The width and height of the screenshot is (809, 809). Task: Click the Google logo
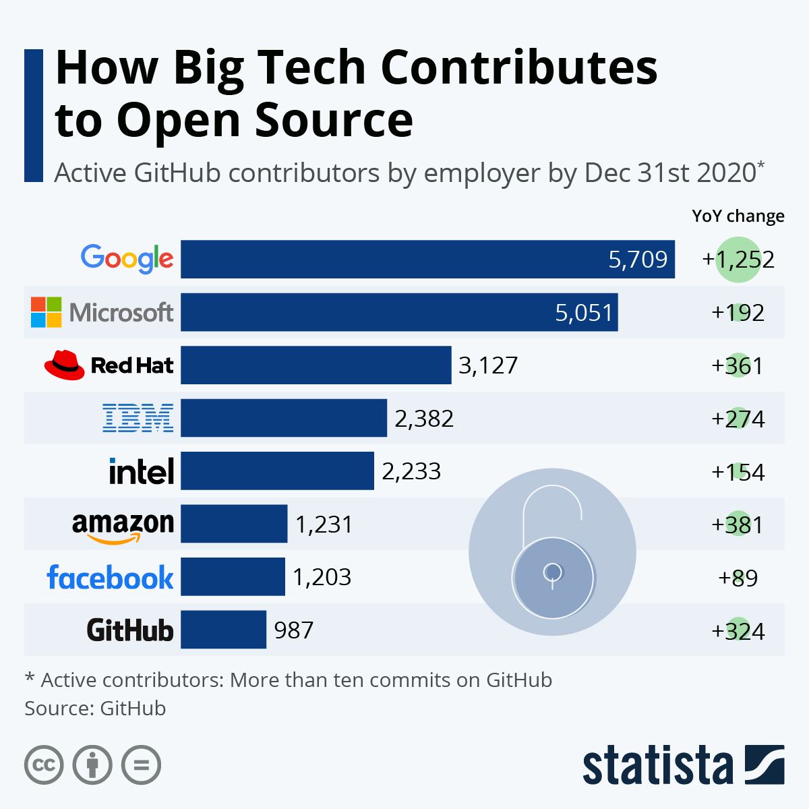pos(127,259)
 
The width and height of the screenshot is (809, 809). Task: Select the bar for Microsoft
pos(399,312)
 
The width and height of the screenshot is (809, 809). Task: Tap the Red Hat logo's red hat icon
pos(64,365)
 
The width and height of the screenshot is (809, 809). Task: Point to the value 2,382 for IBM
pos(424,419)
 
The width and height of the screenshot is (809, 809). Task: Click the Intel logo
pos(142,471)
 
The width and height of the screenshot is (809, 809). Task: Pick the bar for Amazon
pos(234,524)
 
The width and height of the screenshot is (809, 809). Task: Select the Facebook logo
pos(110,578)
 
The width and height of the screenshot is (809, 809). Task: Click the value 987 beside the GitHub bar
pos(293,630)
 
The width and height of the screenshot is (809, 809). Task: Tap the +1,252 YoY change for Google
pos(738,260)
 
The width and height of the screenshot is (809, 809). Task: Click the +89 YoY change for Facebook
pos(738,578)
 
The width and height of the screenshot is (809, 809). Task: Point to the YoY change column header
pos(738,216)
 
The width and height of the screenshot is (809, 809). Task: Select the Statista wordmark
pos(657,766)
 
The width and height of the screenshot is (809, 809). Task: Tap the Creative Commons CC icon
pos(44,765)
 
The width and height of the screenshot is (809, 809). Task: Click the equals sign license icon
pos(142,765)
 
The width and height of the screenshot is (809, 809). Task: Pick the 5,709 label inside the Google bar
pos(638,260)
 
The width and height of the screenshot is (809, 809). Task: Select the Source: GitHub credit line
pos(95,709)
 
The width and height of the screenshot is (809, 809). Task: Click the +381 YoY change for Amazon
pos(738,525)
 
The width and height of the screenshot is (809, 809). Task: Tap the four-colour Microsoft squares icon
pos(47,312)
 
